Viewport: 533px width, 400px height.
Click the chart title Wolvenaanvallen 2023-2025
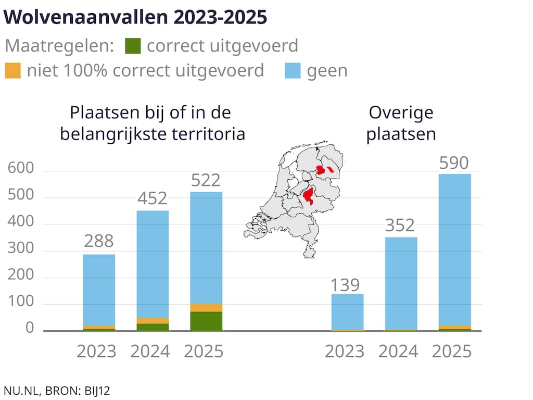(135, 17)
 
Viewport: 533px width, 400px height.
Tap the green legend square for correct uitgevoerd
(133, 46)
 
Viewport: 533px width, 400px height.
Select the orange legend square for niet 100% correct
(12, 70)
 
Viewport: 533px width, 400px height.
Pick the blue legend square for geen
(293, 70)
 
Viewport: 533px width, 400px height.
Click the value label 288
(99, 241)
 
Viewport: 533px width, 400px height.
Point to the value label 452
(153, 198)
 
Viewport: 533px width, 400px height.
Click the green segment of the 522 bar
(206, 321)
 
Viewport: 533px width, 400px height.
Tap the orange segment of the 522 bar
(206, 307)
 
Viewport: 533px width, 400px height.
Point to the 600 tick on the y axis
(21, 169)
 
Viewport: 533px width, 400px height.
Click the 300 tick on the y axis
(21, 251)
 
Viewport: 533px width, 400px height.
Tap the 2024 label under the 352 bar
(398, 351)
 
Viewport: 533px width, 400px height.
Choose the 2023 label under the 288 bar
(97, 351)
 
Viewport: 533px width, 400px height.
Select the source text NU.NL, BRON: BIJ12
(57, 390)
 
